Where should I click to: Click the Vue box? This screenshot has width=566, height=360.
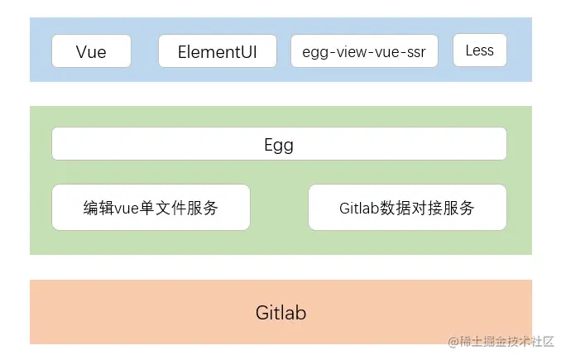91,51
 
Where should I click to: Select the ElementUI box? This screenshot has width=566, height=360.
218,51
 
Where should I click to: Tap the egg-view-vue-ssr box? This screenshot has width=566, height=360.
365,51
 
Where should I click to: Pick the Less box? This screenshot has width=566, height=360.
480,50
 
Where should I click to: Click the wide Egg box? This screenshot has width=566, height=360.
279,144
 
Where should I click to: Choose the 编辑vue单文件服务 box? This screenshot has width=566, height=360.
151,207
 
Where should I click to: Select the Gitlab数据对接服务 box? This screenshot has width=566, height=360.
407,207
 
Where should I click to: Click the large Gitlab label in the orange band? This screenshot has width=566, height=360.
281,313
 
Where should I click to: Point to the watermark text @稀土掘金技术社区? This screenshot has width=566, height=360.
501,341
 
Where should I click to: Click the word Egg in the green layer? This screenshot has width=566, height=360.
279,145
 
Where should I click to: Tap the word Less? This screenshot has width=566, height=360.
480,50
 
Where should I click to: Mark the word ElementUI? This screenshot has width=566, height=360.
218,52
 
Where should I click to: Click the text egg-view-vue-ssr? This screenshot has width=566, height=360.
364,52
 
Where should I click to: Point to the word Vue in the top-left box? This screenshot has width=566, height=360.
91,52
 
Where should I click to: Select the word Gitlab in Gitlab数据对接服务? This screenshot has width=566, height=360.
359,208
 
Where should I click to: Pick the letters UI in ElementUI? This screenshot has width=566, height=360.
248,52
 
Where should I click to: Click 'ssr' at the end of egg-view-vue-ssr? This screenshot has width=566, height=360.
416,53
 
